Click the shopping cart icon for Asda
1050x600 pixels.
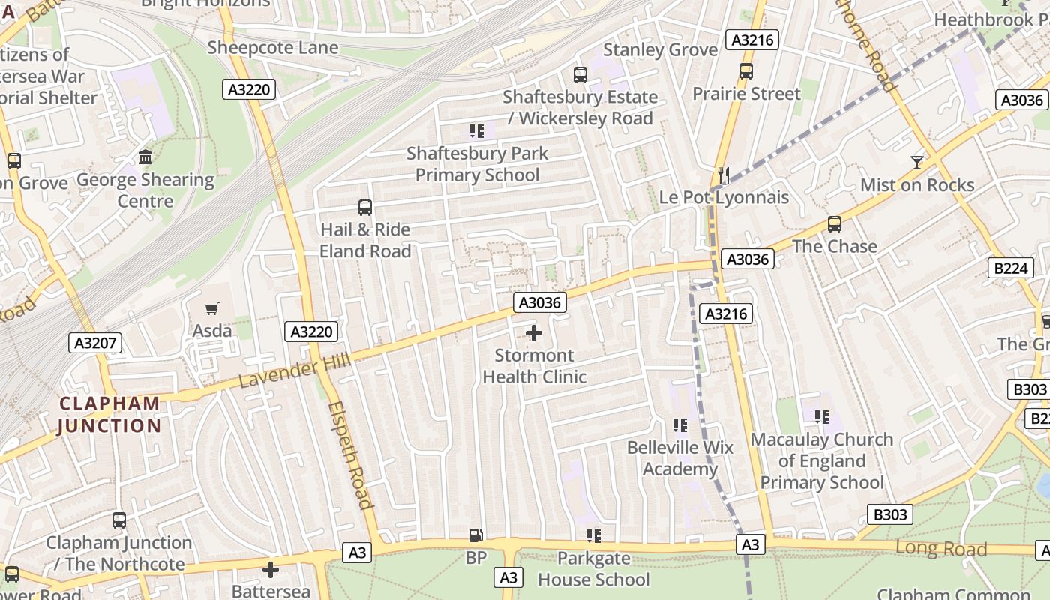point(212,308)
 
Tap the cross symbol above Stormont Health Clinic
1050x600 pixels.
point(534,333)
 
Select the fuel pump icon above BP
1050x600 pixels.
point(475,535)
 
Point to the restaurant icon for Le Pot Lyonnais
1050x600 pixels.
point(724,175)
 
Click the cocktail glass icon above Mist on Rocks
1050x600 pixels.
point(916,162)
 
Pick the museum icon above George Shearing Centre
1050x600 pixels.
point(145,157)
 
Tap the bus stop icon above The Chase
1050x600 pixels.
point(834,224)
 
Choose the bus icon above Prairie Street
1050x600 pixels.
point(745,71)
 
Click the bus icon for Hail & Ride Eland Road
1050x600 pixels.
point(365,208)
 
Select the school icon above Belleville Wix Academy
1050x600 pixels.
point(680,425)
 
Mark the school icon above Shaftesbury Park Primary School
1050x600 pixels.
point(477,131)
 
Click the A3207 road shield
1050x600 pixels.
point(95,343)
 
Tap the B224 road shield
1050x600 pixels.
point(1010,268)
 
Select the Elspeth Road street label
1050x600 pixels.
point(351,454)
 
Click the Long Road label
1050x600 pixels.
point(940,548)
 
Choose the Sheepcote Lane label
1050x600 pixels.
point(273,48)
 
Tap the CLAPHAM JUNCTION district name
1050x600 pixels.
point(109,415)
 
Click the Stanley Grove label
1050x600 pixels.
point(660,50)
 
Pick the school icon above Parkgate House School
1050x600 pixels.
point(594,536)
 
